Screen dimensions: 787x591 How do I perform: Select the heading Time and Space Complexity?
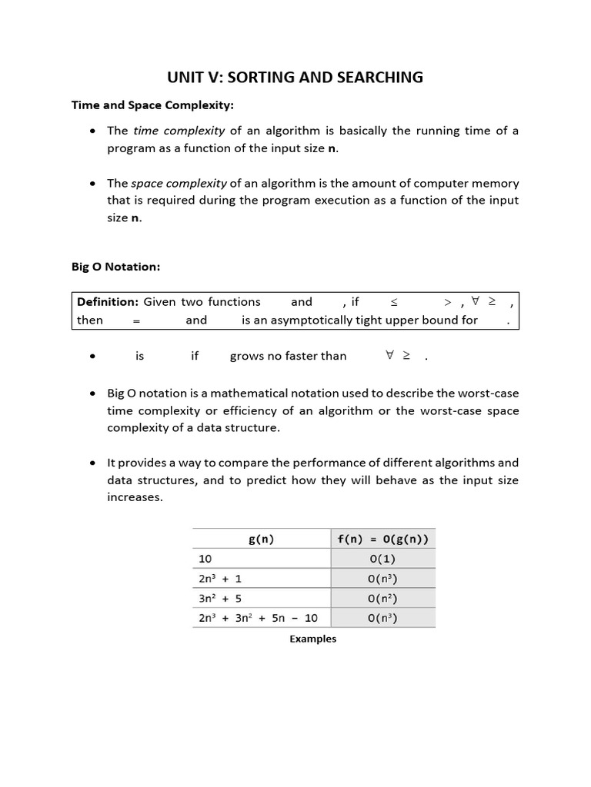point(141,105)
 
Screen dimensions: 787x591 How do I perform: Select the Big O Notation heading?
point(115,267)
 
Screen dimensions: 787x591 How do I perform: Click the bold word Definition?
point(108,302)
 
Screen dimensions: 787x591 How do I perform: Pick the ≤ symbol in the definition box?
point(394,303)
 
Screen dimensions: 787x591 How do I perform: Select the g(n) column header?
point(262,539)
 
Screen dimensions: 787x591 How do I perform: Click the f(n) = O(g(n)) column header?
point(382,539)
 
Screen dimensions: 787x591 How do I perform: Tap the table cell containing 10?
point(205,559)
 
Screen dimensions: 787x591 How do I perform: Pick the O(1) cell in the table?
point(382,559)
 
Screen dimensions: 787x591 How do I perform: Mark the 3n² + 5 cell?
point(220,598)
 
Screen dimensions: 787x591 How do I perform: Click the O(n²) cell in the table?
point(382,598)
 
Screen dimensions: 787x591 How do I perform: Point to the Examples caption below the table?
point(313,639)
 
